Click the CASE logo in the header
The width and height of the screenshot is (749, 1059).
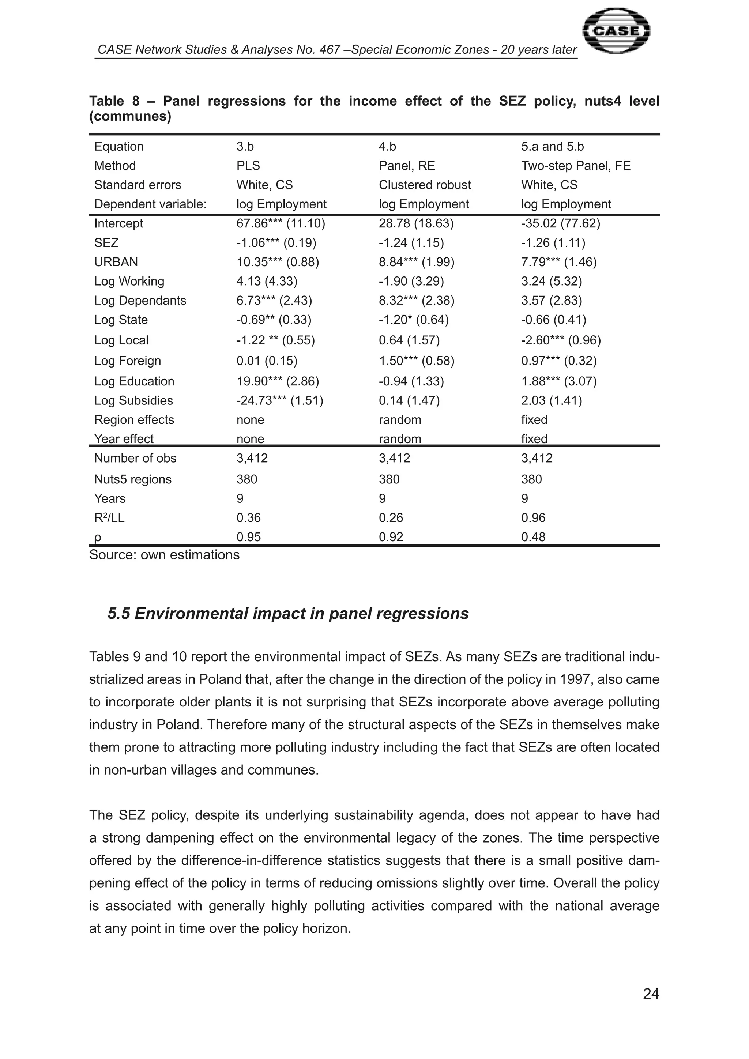click(x=616, y=31)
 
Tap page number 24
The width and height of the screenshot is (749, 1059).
click(x=650, y=994)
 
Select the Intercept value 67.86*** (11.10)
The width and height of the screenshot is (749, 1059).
click(x=281, y=224)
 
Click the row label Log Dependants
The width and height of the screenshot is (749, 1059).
click(x=140, y=301)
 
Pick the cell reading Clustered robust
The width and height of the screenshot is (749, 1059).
click(x=424, y=185)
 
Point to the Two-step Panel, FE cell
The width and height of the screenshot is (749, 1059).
click(x=576, y=166)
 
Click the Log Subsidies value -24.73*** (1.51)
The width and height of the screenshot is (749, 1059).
click(x=279, y=401)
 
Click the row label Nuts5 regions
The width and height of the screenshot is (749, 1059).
click(x=132, y=480)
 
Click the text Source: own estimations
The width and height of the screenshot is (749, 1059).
click(x=164, y=555)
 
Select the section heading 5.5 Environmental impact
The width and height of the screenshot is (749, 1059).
click(x=288, y=614)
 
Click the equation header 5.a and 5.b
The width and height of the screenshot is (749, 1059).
click(x=552, y=147)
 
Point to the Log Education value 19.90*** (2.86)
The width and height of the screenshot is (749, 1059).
click(x=278, y=381)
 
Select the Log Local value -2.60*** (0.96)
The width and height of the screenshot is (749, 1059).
click(x=561, y=340)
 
